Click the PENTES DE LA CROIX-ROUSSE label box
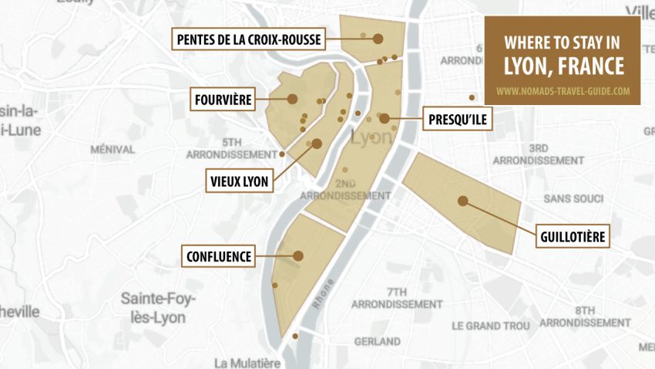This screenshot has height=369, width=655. (249, 39)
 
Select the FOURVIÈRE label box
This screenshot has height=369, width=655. (223, 99)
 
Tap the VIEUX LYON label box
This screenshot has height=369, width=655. (240, 181)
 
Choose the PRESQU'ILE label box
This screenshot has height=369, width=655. (458, 119)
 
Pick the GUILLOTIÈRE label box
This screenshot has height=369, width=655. (572, 236)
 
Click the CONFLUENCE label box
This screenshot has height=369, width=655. (220, 256)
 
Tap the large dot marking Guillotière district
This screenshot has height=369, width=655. (462, 201)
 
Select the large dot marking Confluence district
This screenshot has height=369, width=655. (298, 256)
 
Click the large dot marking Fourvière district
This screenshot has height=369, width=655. (293, 98)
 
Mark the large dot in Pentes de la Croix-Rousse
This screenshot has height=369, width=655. (378, 38)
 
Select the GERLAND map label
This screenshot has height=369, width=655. (377, 340)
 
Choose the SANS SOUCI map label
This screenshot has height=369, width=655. (573, 199)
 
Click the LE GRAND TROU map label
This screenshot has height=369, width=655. (490, 326)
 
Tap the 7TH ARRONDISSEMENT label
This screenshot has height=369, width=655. (396, 298)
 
